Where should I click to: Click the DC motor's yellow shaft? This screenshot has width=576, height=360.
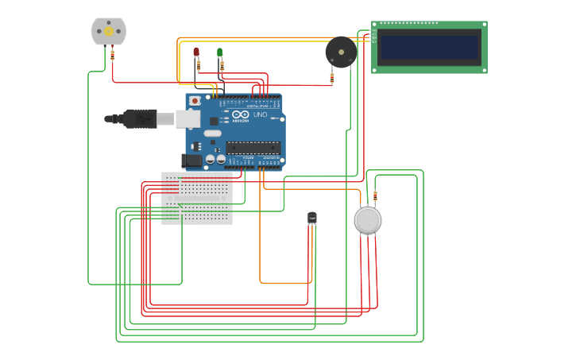(109, 31)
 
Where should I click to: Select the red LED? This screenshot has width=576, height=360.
(196, 52)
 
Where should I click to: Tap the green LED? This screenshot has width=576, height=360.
(220, 52)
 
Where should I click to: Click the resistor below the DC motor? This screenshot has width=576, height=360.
(112, 55)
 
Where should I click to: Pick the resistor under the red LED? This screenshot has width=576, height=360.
(198, 66)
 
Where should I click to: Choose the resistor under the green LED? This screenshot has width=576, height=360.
(222, 66)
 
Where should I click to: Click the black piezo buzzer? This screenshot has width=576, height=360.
(341, 52)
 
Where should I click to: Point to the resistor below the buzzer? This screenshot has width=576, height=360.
(332, 77)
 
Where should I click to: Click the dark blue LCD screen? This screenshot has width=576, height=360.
(430, 48)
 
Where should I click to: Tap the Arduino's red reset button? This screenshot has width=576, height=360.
(195, 101)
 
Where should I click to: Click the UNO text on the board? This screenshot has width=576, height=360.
(261, 115)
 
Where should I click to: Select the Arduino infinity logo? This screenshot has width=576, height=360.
(241, 115)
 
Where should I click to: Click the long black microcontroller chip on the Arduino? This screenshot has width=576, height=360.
(253, 147)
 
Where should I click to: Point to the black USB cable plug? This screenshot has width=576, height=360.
(140, 119)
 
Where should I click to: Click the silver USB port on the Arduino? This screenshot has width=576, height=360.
(187, 118)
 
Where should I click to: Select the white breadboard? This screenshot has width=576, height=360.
(197, 198)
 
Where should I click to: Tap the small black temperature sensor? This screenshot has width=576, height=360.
(312, 217)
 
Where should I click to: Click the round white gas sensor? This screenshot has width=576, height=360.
(368, 220)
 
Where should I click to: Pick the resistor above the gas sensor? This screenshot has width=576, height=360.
(375, 196)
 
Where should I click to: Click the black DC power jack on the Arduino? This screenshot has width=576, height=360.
(192, 161)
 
